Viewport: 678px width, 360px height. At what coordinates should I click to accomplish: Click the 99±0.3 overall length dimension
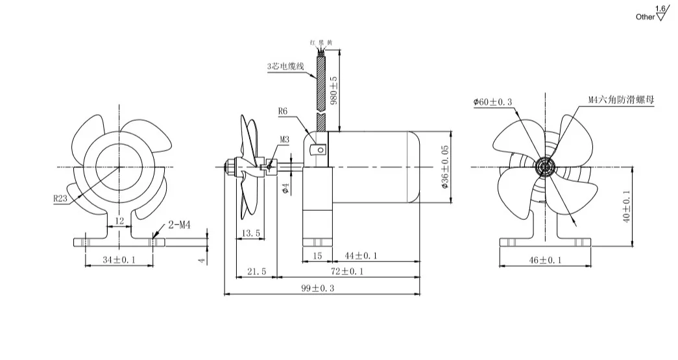(x=322, y=289)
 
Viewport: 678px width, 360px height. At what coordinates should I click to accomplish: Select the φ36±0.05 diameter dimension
(x=444, y=167)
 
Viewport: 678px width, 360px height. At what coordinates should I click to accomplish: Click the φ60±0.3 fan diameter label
(x=492, y=102)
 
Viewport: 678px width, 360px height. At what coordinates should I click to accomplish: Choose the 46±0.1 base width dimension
(x=545, y=260)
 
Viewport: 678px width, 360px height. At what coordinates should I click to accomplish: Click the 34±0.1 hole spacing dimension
(x=119, y=260)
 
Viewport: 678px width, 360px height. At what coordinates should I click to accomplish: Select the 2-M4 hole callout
(x=179, y=225)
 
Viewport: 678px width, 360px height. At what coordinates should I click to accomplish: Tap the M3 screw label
(x=285, y=139)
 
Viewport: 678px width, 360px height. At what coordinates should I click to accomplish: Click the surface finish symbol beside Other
(x=661, y=15)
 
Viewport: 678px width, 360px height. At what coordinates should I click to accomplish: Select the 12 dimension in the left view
(x=119, y=221)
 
